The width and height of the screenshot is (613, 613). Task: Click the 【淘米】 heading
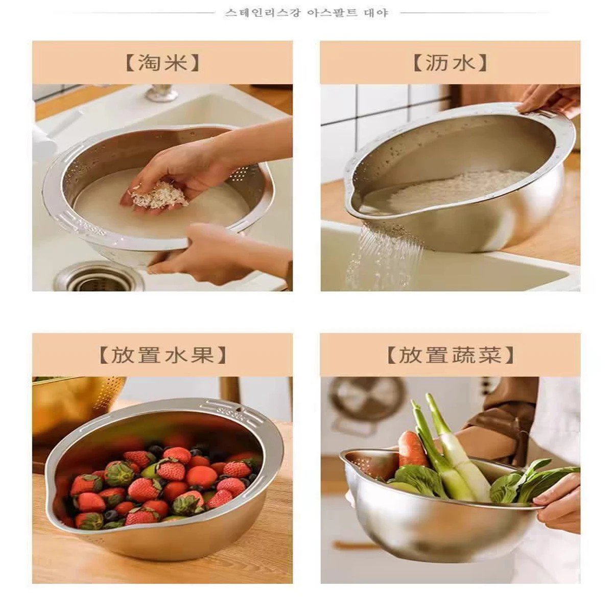tap(162, 63)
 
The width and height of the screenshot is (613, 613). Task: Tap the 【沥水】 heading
tap(450, 63)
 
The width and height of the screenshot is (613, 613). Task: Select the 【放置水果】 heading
tap(162, 355)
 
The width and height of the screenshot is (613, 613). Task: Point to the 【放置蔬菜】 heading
tap(450, 355)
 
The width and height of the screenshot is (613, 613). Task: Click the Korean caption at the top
tap(306, 13)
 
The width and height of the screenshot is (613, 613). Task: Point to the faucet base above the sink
tap(161, 93)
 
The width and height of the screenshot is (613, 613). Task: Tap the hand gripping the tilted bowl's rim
tap(549, 100)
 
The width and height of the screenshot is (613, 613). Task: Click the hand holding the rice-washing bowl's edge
tap(215, 253)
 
